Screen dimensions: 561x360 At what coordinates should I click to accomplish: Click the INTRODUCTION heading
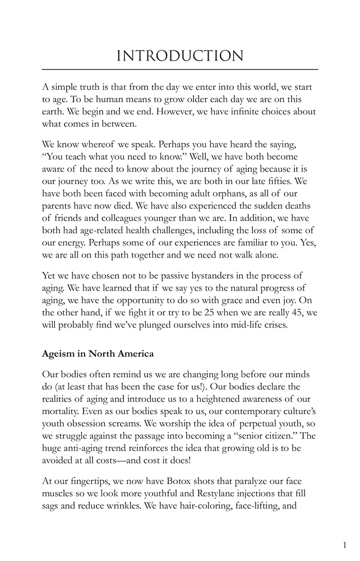click(x=179, y=56)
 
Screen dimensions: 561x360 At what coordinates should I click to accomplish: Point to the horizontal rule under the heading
click(x=179, y=69)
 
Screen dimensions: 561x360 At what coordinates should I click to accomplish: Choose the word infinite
click(x=240, y=111)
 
